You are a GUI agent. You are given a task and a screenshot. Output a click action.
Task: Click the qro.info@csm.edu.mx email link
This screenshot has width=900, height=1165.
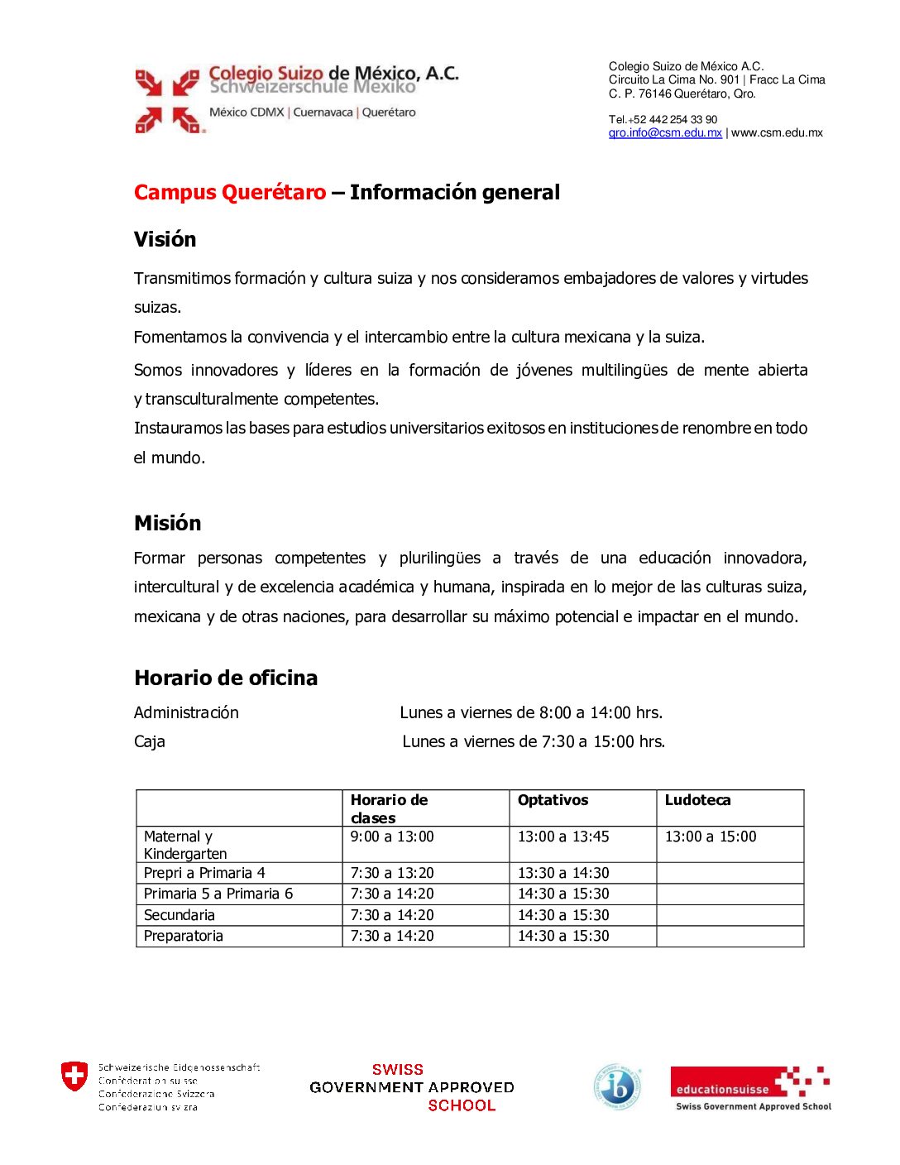click(x=665, y=133)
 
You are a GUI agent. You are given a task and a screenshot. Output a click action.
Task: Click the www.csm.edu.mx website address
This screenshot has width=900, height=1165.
click(x=777, y=133)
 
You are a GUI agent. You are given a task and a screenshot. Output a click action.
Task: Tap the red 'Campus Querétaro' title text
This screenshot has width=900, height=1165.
click(x=230, y=193)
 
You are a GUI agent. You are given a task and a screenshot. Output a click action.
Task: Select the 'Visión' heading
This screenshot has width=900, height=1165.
click(x=165, y=240)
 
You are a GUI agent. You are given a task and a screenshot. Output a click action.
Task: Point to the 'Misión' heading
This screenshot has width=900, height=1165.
click(x=168, y=523)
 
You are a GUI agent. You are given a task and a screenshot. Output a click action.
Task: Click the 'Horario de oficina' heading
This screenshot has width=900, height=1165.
click(x=226, y=678)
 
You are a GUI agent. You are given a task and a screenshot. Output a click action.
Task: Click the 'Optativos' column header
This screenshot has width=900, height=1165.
click(x=553, y=800)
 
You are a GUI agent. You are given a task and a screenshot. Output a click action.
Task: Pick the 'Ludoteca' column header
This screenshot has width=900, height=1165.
click(x=697, y=800)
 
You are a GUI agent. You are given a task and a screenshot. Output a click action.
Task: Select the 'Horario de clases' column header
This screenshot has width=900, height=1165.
click(x=389, y=808)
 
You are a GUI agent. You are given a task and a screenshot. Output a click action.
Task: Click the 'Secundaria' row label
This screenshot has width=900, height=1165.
click(x=180, y=915)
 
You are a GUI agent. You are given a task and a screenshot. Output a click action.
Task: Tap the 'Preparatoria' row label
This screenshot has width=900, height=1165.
click(x=184, y=936)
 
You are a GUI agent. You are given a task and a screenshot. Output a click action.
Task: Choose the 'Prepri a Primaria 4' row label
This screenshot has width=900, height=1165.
click(x=204, y=873)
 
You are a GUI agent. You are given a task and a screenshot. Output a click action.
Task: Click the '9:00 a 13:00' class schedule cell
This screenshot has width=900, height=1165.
click(x=392, y=837)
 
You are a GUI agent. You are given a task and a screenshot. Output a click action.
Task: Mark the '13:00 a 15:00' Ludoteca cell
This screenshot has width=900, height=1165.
click(x=711, y=837)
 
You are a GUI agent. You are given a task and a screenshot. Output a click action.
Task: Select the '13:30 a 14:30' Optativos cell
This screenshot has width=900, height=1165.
click(x=563, y=873)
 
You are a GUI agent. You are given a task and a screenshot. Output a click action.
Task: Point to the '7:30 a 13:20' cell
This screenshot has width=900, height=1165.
click(x=392, y=873)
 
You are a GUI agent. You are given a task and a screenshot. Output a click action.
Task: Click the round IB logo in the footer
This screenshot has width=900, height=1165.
click(x=618, y=1086)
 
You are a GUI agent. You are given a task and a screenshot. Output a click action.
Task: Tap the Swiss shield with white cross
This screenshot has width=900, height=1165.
click(x=74, y=1076)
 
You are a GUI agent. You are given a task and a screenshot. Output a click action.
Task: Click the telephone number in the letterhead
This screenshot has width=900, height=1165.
click(x=663, y=119)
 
